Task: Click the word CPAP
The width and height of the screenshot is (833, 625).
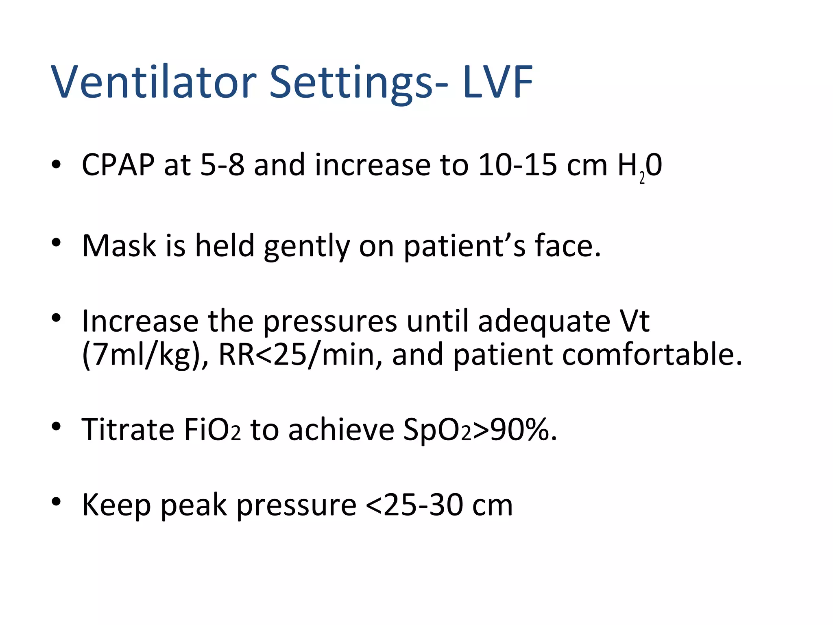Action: (x=118, y=165)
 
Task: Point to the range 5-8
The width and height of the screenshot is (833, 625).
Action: (x=222, y=165)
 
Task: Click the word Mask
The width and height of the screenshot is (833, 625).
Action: (x=119, y=246)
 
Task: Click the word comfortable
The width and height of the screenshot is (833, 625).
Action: (x=597, y=355)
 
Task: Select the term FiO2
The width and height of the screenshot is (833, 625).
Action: (x=212, y=430)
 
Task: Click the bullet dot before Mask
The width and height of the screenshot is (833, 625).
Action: (x=56, y=243)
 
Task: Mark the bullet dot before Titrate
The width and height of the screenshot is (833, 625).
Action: (x=56, y=426)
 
